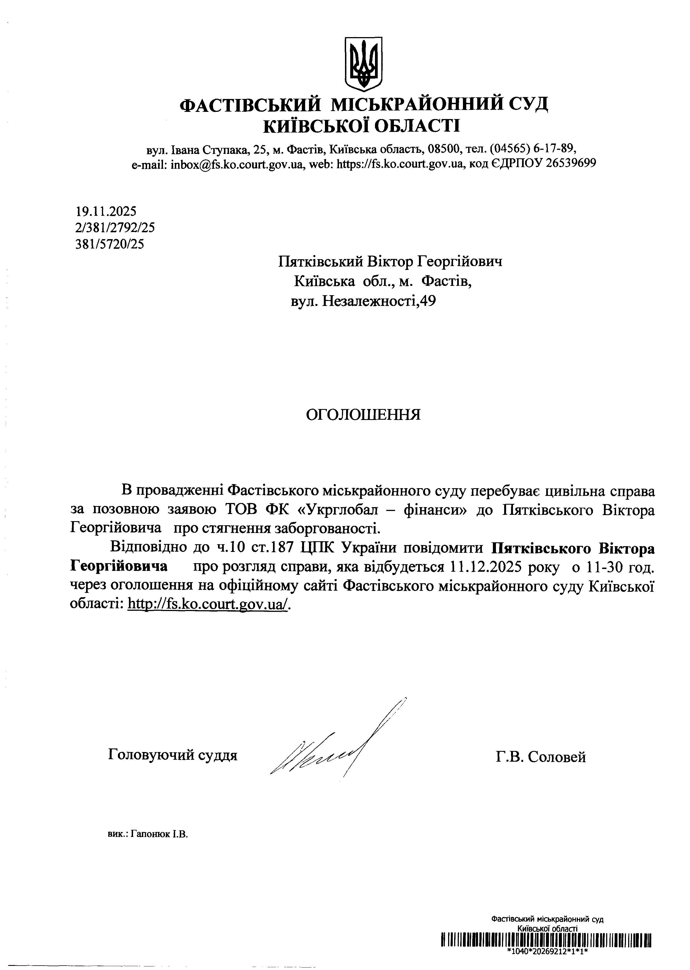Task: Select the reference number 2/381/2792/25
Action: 115,228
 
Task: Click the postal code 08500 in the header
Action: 445,149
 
